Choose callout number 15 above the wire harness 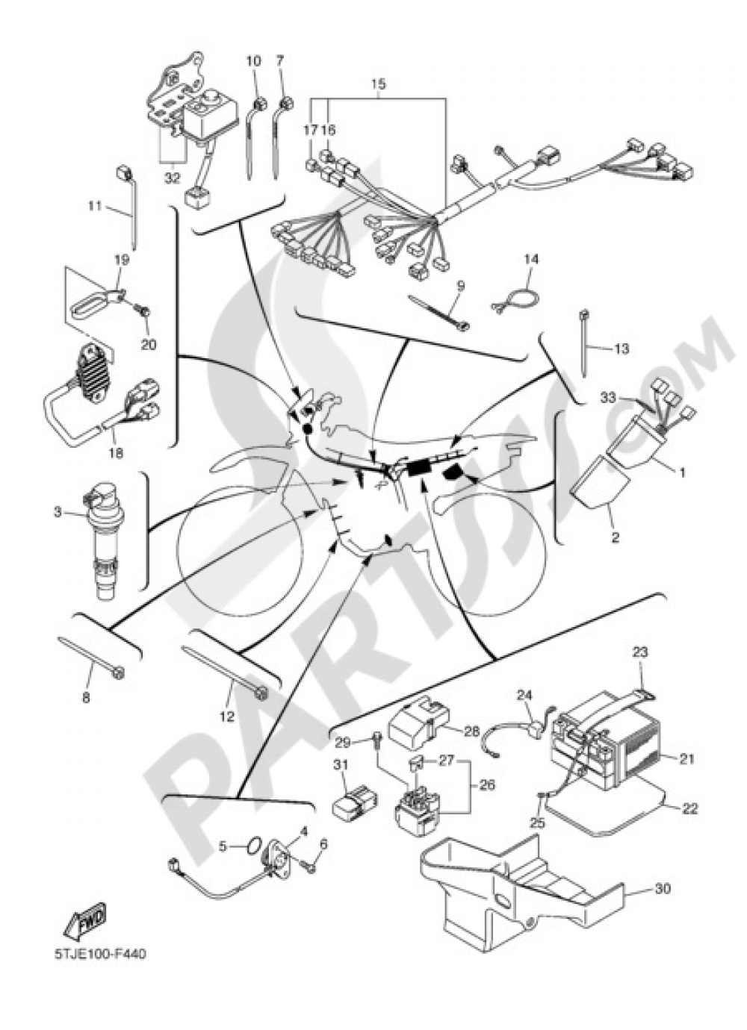(378, 84)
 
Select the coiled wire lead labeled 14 (515, 302)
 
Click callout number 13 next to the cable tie (621, 349)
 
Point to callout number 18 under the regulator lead (117, 453)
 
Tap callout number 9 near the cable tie (461, 286)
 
